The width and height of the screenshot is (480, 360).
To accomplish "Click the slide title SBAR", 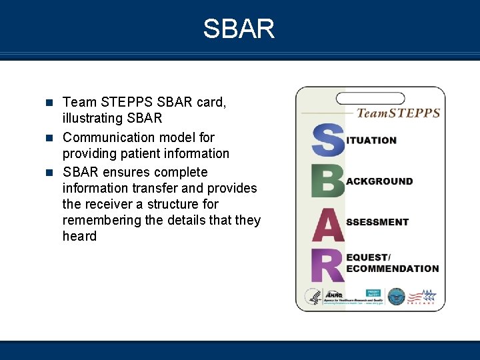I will coord(239,29).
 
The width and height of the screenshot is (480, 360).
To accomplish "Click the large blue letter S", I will coord(327,140).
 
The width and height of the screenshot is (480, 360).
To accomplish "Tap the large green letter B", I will coord(327,181).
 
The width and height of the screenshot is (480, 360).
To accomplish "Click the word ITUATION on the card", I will coord(371,141).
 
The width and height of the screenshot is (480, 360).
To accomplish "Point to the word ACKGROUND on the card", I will coord(379,181).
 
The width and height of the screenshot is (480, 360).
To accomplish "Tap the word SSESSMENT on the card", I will coord(377,222).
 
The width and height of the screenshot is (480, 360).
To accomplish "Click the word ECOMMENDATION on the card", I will coord(392,269).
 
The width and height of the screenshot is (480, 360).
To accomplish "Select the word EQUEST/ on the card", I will coord(369,257).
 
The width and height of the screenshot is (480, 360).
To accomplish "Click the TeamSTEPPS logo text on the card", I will coord(398,113).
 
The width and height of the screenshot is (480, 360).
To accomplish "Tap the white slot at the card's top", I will coord(371,99).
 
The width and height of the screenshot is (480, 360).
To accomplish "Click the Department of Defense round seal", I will coord(396,297).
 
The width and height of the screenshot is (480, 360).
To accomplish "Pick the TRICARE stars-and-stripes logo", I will coord(423,297).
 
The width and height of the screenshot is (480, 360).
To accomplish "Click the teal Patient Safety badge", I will coord(373,293).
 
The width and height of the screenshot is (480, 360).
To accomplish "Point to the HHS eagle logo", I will coord(312,297).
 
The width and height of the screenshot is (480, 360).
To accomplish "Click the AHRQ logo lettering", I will coord(333,295).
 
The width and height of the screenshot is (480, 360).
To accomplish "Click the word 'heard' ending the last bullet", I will coord(79,236).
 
